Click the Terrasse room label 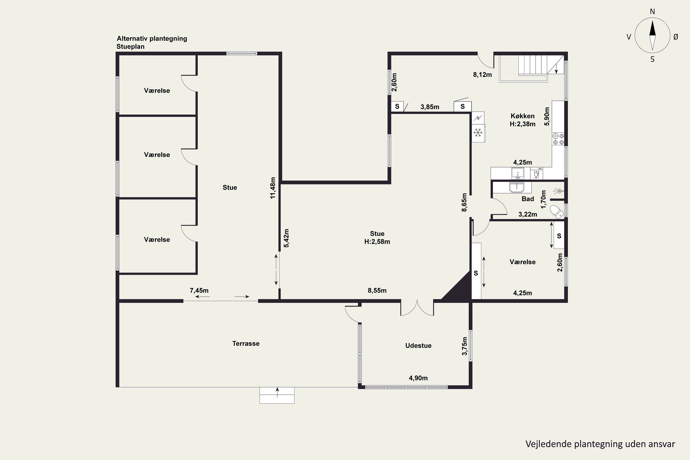tap(246, 344)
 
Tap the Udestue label tap(418, 346)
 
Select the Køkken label tap(523, 116)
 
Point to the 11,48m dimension tap(273, 188)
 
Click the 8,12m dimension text tap(482, 75)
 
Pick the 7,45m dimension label tap(199, 290)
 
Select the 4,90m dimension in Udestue tap(418, 378)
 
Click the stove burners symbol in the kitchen tap(558, 139)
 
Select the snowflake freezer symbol tap(478, 133)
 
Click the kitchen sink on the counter tap(518, 173)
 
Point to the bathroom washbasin tap(517, 187)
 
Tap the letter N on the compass tap(653, 12)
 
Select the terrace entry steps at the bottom tap(277, 395)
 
